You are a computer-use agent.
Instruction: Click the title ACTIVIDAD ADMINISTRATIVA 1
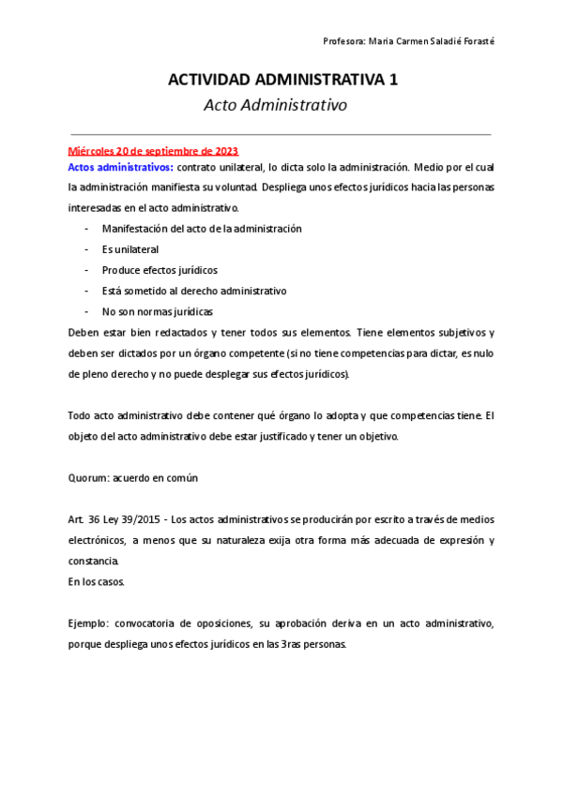tap(281, 81)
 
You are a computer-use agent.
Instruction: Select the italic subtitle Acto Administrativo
tap(275, 105)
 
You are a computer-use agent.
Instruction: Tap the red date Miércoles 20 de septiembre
tap(153, 151)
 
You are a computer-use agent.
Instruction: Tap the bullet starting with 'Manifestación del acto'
tap(202, 229)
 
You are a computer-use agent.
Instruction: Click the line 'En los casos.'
tap(97, 581)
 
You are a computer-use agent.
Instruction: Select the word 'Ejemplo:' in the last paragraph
tap(89, 623)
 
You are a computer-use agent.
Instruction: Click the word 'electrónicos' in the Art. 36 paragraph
tap(97, 540)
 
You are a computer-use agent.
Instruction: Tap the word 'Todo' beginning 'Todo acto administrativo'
tap(80, 415)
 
